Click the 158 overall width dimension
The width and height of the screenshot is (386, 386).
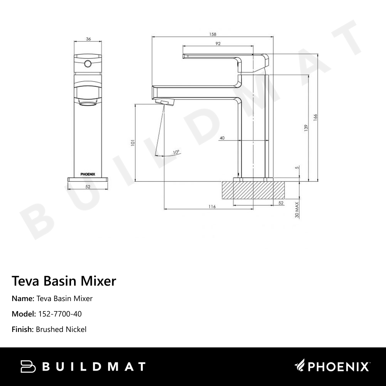coord(213,34)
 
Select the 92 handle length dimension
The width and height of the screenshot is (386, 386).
coord(218,44)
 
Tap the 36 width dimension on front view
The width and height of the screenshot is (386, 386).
coord(88,39)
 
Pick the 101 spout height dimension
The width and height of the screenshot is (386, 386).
coord(133,142)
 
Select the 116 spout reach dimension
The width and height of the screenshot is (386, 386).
coord(212,207)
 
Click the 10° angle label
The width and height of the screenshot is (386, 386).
coord(176,152)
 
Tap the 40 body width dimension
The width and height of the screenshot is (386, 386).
coord(222,138)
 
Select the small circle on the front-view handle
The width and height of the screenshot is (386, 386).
coord(88,63)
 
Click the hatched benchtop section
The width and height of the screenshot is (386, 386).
coord(253,190)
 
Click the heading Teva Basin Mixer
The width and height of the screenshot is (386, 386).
coord(64,281)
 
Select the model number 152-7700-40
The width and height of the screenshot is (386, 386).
coord(59,314)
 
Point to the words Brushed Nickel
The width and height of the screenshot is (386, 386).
coord(61,329)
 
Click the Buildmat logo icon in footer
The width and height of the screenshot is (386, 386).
coord(29,366)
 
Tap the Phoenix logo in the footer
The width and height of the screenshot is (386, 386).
coord(332,366)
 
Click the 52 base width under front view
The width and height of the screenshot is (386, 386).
coord(88,186)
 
